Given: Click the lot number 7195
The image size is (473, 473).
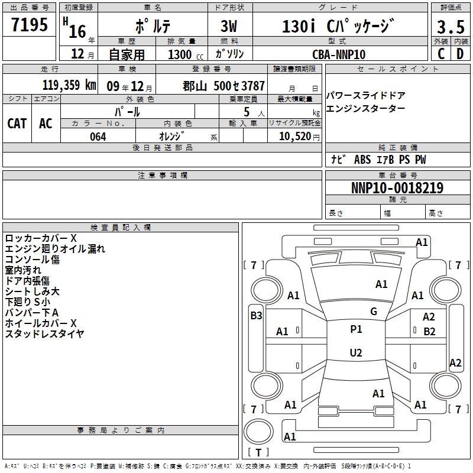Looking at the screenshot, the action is [30, 24].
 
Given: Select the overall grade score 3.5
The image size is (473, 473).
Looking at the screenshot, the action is [451, 27].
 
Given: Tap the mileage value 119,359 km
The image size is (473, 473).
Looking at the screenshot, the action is [69, 85].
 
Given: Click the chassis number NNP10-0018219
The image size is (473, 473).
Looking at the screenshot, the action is [397, 187].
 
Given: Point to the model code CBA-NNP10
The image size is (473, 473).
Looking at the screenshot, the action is [339, 54].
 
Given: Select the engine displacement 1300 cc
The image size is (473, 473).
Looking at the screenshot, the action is [186, 54].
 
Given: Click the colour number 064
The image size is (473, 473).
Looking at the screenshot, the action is [98, 137].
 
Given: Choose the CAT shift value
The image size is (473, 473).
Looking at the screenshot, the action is [17, 124].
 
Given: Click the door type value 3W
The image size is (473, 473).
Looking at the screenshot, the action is [229, 26].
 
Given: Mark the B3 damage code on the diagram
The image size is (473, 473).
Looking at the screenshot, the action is [256, 316].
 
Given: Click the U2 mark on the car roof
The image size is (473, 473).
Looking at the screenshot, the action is [356, 352].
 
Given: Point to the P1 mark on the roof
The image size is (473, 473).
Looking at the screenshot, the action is [356, 329].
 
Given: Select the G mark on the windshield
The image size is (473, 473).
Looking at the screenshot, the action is [374, 312].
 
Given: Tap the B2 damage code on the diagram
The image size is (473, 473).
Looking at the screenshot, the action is [429, 332].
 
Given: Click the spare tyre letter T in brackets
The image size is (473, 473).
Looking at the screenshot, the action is [258, 452].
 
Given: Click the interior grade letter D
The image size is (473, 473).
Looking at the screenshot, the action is [460, 54].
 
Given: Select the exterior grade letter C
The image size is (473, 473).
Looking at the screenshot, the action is [441, 54].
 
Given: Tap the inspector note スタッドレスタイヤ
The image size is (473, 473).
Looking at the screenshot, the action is [45, 333].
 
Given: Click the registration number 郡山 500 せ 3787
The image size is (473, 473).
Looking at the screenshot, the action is [224, 86].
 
